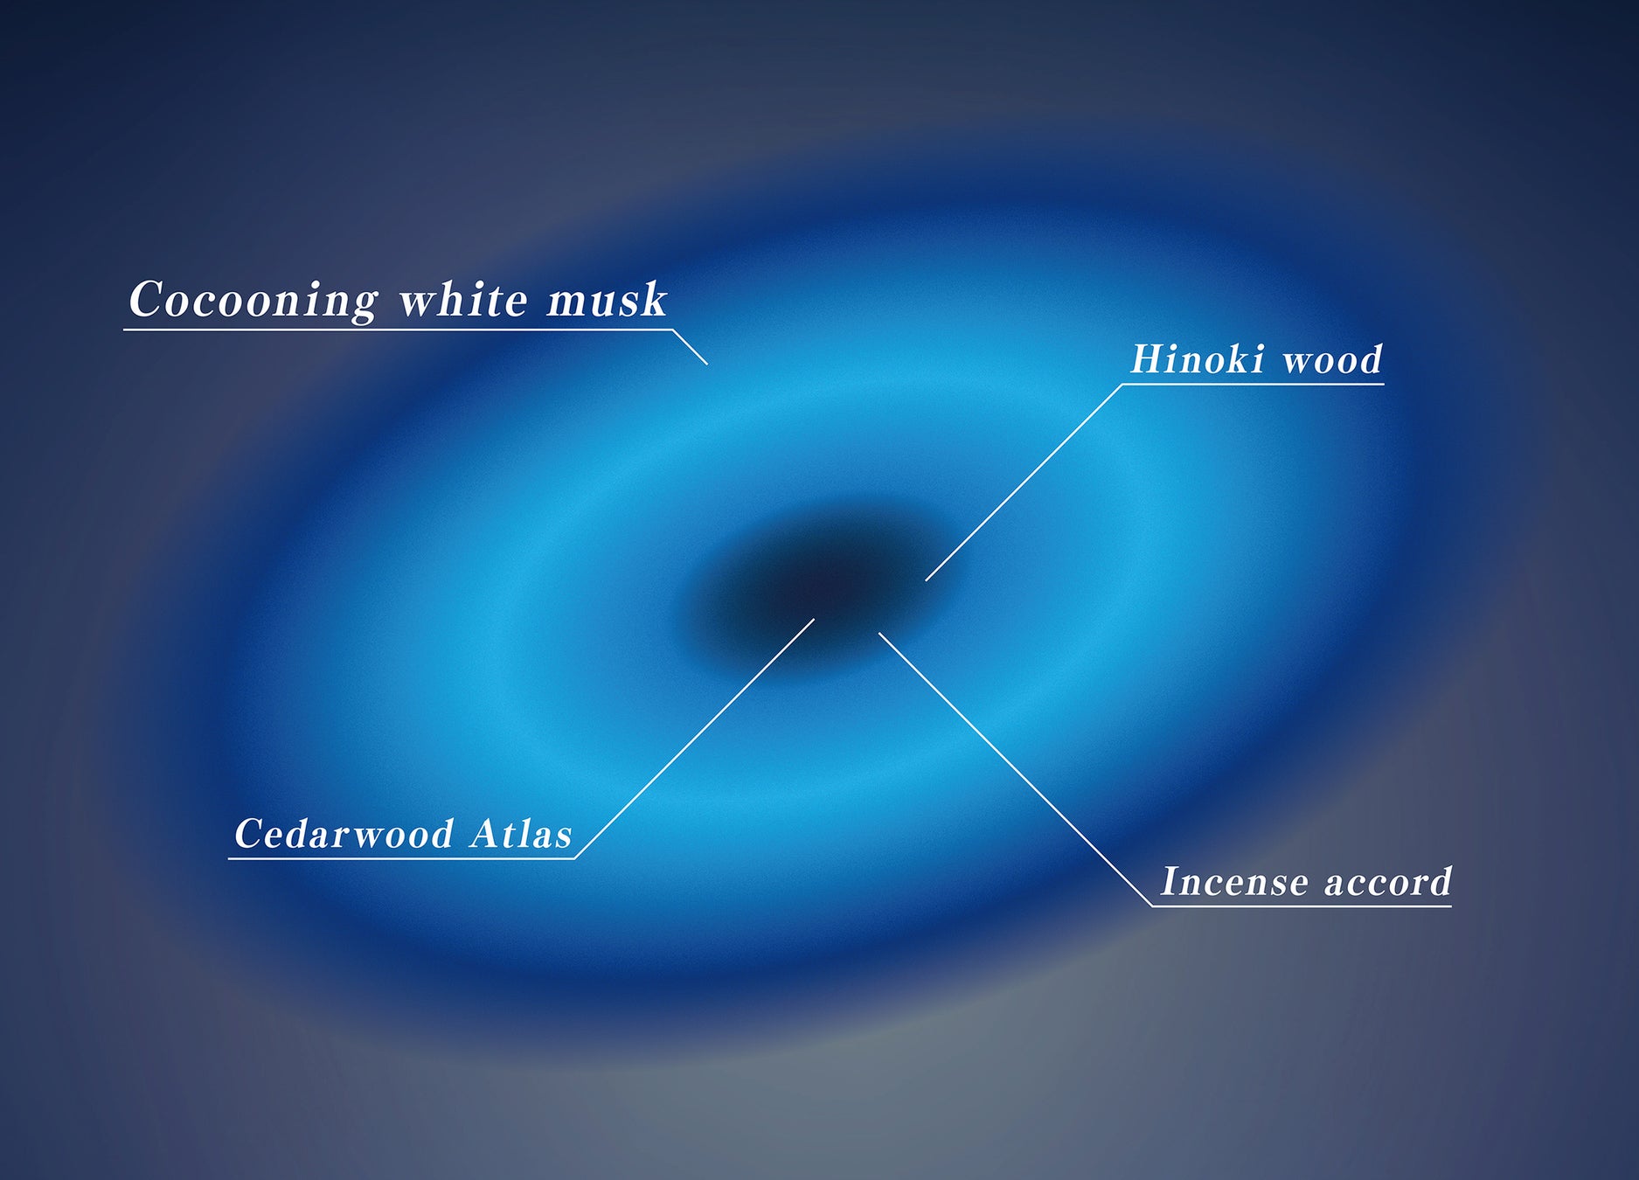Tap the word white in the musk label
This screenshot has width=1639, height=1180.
coord(463,300)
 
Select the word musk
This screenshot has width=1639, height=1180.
coord(607,300)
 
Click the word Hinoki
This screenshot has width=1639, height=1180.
coord(1198,359)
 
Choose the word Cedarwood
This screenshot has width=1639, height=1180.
coord(344,834)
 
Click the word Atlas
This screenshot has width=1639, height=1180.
coord(521,834)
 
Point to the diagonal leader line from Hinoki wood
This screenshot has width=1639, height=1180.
coord(1023,482)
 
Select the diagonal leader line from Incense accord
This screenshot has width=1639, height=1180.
coord(1014,769)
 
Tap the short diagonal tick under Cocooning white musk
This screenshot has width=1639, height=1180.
coord(690,347)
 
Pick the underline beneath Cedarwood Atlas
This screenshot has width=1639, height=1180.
coord(401,858)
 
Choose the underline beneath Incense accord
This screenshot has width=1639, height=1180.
coord(1302,906)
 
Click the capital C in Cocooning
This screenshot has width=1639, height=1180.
coord(145,300)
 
